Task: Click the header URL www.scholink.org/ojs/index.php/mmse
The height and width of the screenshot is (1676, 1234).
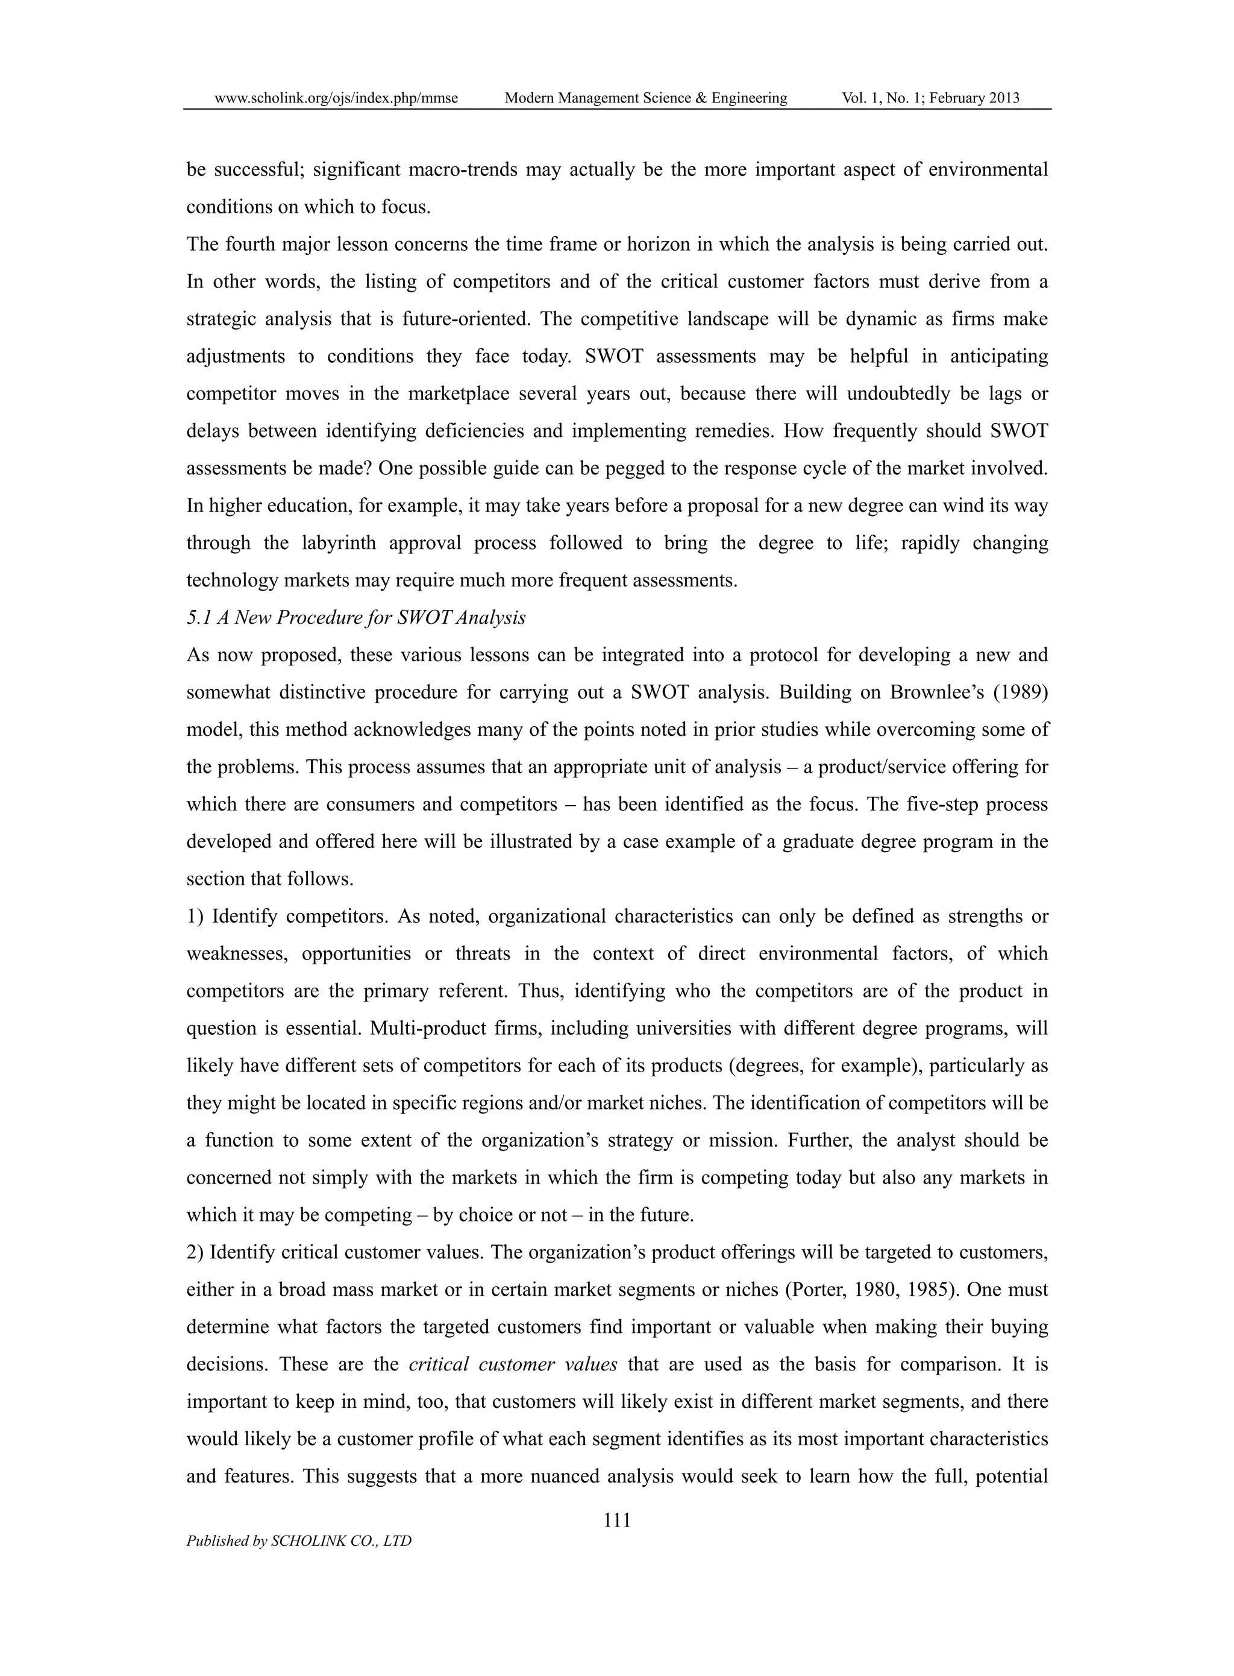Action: tap(336, 98)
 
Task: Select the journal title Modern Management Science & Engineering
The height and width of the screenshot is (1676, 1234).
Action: tap(645, 98)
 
